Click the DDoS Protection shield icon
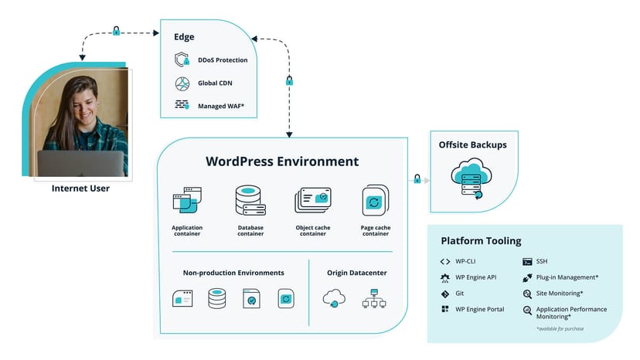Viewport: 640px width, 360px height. [x=182, y=60]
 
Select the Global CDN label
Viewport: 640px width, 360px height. [x=215, y=83]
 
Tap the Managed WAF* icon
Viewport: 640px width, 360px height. [x=182, y=104]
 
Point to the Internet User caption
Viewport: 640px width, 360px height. [x=80, y=188]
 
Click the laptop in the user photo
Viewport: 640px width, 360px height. [x=80, y=163]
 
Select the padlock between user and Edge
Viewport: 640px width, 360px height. [x=116, y=32]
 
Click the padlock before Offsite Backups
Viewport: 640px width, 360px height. [x=417, y=179]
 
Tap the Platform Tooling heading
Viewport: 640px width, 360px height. [x=481, y=241]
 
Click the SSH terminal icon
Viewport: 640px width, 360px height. [x=527, y=262]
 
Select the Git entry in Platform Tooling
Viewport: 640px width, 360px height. [x=459, y=294]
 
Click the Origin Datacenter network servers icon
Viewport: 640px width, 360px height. [x=374, y=299]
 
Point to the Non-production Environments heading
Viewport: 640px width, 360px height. [x=233, y=273]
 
